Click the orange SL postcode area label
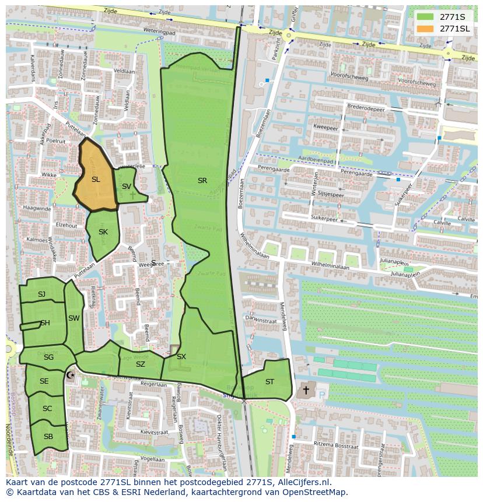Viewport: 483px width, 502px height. click(x=96, y=180)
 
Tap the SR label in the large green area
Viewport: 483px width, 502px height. click(x=202, y=181)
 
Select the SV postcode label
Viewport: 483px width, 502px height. click(x=127, y=187)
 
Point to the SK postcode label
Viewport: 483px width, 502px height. click(x=103, y=232)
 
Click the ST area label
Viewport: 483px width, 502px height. click(x=269, y=382)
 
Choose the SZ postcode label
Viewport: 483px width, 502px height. click(x=141, y=364)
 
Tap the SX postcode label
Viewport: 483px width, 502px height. click(x=181, y=357)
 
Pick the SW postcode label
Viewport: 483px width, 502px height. click(x=73, y=318)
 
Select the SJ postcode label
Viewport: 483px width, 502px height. click(x=41, y=294)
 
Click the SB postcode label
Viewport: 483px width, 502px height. click(x=48, y=437)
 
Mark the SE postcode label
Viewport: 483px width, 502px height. click(x=44, y=381)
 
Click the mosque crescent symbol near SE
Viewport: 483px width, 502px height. click(x=71, y=375)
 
